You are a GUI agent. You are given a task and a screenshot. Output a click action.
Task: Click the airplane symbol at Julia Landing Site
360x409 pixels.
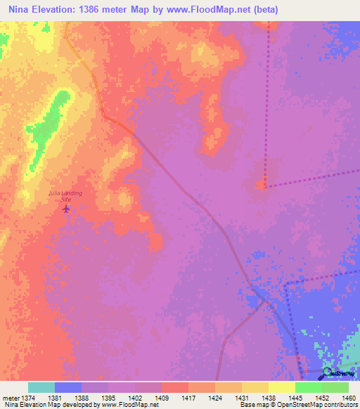[x=67, y=208]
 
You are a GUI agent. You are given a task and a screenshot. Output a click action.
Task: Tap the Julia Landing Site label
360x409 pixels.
[x=65, y=196]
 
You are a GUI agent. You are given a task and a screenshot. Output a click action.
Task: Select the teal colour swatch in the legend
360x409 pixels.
[x=41, y=387]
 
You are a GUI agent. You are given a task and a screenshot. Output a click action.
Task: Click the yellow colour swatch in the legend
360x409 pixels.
[x=281, y=387]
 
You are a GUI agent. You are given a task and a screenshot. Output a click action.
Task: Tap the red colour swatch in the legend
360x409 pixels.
[x=174, y=387]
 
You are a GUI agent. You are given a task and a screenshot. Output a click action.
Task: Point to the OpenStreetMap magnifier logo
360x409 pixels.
[x=328, y=375]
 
